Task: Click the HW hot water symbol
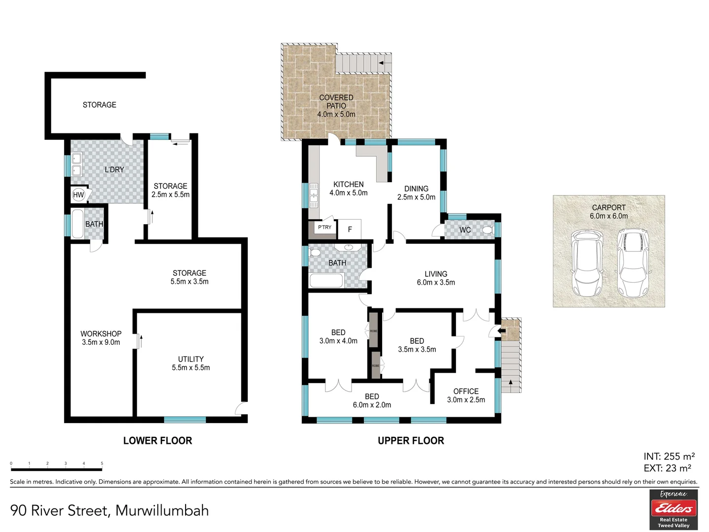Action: coord(78,195)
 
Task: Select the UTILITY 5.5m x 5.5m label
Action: coord(191,364)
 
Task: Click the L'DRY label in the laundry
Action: coord(114,169)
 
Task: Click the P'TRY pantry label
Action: coord(324,228)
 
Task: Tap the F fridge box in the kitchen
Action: coord(350,229)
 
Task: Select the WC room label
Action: coord(465,230)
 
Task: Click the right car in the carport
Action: coord(633,263)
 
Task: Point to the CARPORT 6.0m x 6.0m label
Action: coord(609,212)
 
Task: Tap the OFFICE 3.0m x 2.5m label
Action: coord(466,396)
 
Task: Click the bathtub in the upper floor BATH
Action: coord(326,281)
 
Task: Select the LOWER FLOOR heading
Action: coord(158,441)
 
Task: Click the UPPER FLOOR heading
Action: coord(411,441)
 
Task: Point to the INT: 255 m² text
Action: coord(669,457)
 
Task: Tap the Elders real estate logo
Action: coord(673,509)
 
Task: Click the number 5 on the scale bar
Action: coord(102,464)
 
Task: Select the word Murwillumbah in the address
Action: coord(162,511)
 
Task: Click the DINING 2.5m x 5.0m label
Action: coord(416,193)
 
